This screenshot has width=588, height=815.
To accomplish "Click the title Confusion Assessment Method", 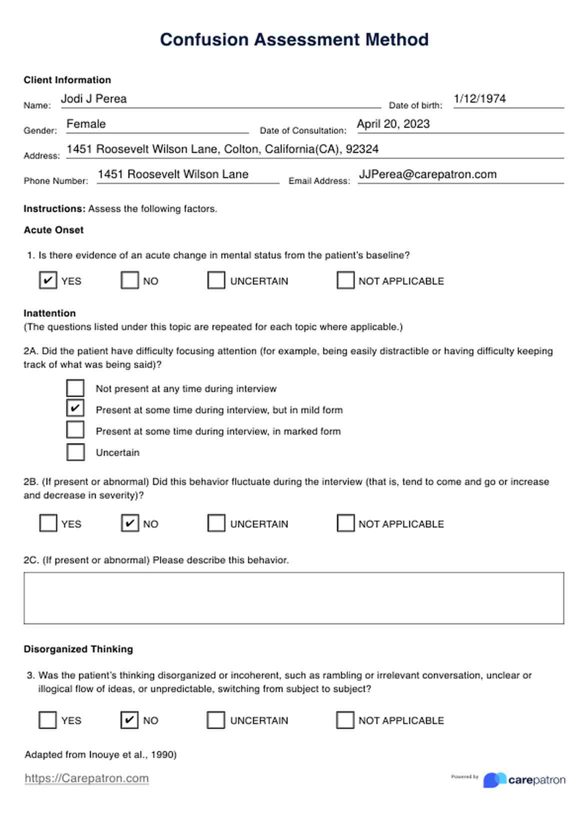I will [294, 39].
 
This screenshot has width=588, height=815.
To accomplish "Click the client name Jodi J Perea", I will [93, 99].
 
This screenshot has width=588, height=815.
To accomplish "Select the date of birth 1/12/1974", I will [479, 99].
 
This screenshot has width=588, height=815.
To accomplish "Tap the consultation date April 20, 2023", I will [393, 124].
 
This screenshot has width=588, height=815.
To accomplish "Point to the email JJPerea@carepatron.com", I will [427, 174].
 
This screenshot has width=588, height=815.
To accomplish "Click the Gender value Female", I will [86, 124].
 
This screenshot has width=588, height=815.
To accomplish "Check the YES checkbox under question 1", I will [48, 280].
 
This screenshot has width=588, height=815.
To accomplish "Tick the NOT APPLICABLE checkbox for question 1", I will [345, 280].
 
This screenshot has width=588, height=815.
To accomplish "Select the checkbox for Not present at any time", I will [75, 388].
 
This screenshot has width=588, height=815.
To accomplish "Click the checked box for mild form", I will [75, 409].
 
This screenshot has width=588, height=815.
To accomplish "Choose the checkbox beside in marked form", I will [75, 430].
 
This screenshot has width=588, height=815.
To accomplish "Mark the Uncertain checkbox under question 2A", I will [75, 452].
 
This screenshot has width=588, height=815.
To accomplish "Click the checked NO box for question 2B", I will [130, 523].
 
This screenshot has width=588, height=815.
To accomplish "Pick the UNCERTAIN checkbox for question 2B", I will [216, 523].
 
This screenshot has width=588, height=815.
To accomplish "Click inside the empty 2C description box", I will [293, 598].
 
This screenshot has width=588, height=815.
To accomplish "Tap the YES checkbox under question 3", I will [48, 720].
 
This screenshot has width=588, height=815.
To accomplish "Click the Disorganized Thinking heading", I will [78, 649].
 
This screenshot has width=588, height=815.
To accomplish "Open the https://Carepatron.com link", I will [86, 778].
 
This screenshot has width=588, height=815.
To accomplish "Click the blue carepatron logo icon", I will [494, 780].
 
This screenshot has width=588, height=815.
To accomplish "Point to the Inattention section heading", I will [49, 313].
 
